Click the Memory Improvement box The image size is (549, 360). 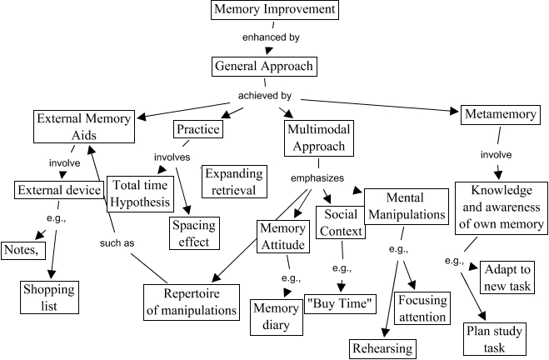click(x=263, y=11)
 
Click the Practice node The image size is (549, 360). click(x=197, y=130)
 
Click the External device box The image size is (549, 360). click(x=58, y=190)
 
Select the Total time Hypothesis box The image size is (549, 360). click(x=139, y=193)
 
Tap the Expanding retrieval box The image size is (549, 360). click(x=234, y=182)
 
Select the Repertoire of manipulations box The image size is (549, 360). click(x=192, y=302)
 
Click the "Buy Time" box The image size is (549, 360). click(x=342, y=302)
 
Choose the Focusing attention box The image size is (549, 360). click(x=422, y=308)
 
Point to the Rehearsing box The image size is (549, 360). click(x=382, y=347)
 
